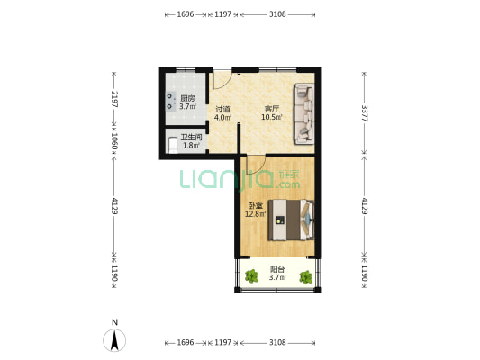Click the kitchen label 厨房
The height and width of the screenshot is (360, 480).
tap(187, 98)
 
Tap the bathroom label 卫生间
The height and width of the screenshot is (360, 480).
tap(191, 138)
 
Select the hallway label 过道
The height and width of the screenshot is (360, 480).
tap(222, 110)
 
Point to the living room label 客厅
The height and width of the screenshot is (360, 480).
tap(272, 109)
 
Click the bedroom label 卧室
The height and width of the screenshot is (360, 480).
tap(255, 206)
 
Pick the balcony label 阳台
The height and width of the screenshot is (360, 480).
tap(277, 269)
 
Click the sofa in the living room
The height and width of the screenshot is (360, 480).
tap(304, 113)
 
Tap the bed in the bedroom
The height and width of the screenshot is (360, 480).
tap(291, 220)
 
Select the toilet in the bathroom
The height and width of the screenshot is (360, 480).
tap(173, 146)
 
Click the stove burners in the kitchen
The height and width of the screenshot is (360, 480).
tap(170, 101)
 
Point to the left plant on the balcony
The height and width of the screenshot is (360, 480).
tap(251, 276)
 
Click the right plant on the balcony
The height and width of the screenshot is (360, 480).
tap(306, 277)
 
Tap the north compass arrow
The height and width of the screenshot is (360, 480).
tap(114, 340)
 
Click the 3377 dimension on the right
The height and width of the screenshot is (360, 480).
tap(365, 113)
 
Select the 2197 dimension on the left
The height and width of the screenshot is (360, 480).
tap(114, 99)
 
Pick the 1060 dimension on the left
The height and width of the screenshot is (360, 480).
tap(114, 141)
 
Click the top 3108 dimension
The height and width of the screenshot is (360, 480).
tap(277, 14)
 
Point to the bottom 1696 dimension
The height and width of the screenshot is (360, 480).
tap(186, 343)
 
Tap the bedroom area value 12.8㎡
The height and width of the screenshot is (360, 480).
tap(255, 214)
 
